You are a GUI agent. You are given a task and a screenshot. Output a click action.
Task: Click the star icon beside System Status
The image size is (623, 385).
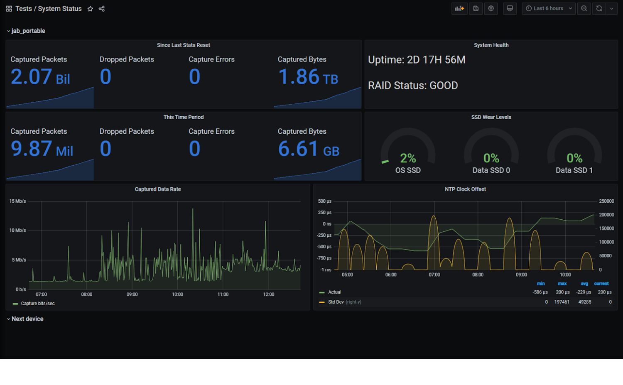click(90, 9)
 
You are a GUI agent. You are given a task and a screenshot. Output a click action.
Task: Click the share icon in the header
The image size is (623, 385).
click(102, 9)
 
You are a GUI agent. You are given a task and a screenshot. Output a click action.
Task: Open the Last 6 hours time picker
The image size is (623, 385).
click(548, 8)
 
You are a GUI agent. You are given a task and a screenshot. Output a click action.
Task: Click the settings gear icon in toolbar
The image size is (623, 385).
click(491, 8)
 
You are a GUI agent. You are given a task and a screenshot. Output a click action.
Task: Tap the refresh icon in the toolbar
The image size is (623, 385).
click(599, 8)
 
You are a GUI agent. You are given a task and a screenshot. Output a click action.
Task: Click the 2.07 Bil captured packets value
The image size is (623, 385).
click(40, 77)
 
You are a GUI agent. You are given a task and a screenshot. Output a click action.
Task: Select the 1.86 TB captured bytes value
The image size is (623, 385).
click(308, 77)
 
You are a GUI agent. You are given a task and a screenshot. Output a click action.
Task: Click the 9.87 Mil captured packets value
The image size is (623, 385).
click(42, 149)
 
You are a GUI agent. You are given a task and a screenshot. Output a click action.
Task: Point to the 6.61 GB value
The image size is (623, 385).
click(308, 149)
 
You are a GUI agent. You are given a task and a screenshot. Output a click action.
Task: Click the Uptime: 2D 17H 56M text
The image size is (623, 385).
click(417, 60)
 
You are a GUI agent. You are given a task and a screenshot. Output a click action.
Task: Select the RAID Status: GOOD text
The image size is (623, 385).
click(413, 86)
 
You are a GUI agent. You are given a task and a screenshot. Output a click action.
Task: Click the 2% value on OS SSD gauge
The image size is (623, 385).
click(408, 158)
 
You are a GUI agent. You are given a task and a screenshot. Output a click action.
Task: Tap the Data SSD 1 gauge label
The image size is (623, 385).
click(574, 170)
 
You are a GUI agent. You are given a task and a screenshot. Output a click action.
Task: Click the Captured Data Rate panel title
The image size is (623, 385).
click(158, 189)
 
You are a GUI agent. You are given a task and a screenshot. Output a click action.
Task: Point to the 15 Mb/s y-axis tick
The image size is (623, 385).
click(17, 201)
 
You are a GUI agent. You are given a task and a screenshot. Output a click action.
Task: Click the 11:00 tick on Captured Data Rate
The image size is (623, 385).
click(223, 294)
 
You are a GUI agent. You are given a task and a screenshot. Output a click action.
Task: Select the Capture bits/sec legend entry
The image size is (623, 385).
click(37, 304)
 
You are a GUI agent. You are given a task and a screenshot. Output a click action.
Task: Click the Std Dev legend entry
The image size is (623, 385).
click(336, 302)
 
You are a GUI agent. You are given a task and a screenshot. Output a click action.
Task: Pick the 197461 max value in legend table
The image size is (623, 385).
click(562, 302)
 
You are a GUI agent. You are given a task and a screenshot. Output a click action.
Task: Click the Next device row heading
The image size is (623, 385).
click(27, 319)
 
